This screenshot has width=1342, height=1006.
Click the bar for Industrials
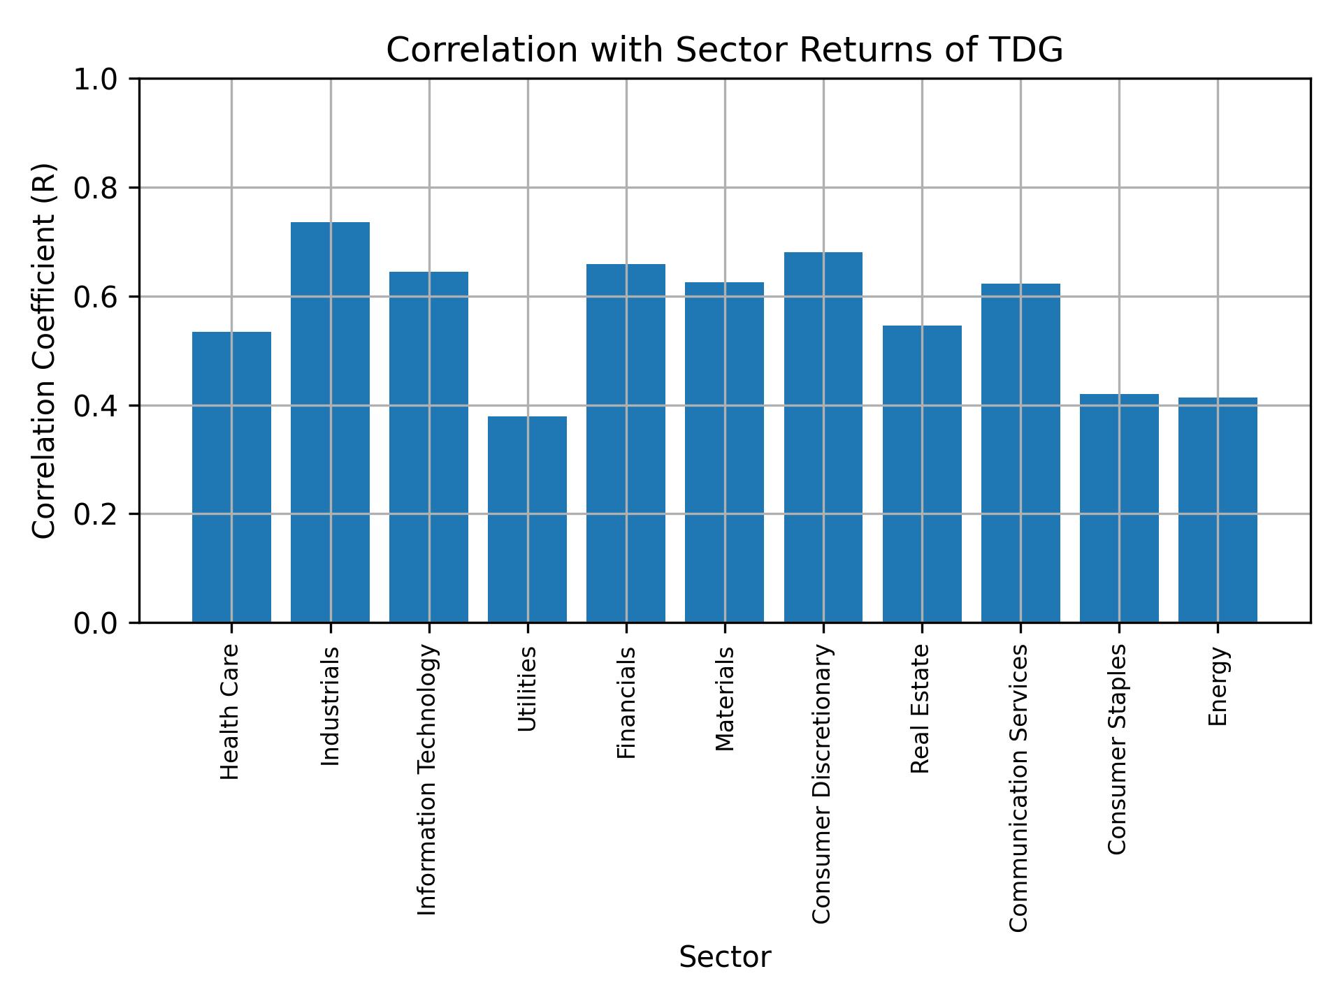tap(330, 422)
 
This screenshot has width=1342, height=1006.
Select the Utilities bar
tap(527, 519)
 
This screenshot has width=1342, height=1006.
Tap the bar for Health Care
tap(231, 477)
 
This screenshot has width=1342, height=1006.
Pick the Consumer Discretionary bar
tap(823, 437)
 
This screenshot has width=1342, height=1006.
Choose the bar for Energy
tap(1218, 510)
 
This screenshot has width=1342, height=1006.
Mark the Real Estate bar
tap(922, 474)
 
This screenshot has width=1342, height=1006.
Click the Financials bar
tap(626, 443)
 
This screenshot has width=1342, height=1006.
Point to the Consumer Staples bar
tap(1119, 508)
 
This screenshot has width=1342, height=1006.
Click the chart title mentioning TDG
tap(724, 50)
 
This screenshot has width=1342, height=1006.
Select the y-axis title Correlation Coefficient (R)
tap(44, 351)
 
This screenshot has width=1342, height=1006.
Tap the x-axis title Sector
tap(725, 957)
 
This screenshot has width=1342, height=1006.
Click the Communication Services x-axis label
tap(1019, 787)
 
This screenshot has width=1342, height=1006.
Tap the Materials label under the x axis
tap(726, 699)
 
